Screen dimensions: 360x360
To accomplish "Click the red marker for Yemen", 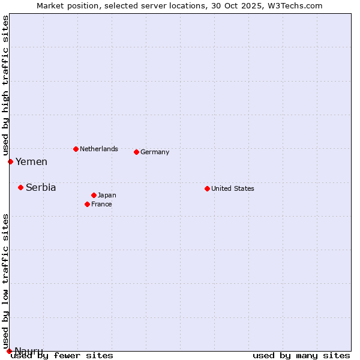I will (10, 161).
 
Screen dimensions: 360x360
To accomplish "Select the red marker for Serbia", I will (20, 187).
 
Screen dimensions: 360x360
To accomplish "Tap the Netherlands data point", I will (76, 149).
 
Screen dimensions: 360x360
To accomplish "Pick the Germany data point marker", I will (136, 152).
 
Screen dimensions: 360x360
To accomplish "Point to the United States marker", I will (207, 188).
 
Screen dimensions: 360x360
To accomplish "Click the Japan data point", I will (94, 195).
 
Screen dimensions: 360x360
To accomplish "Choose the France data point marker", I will (87, 204).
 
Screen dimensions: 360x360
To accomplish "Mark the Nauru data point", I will (9, 351).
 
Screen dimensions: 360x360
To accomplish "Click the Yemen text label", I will (31, 162).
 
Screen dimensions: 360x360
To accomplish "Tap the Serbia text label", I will (41, 188).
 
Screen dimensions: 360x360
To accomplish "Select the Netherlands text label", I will (99, 149).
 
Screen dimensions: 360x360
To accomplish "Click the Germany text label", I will (155, 152).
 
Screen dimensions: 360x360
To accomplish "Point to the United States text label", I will (233, 188).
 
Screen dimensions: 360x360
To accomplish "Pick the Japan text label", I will (107, 196).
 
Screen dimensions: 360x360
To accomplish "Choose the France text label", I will (101, 205).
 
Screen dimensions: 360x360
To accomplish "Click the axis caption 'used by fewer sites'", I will (62, 356).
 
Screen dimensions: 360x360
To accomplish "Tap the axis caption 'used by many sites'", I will (301, 356).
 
